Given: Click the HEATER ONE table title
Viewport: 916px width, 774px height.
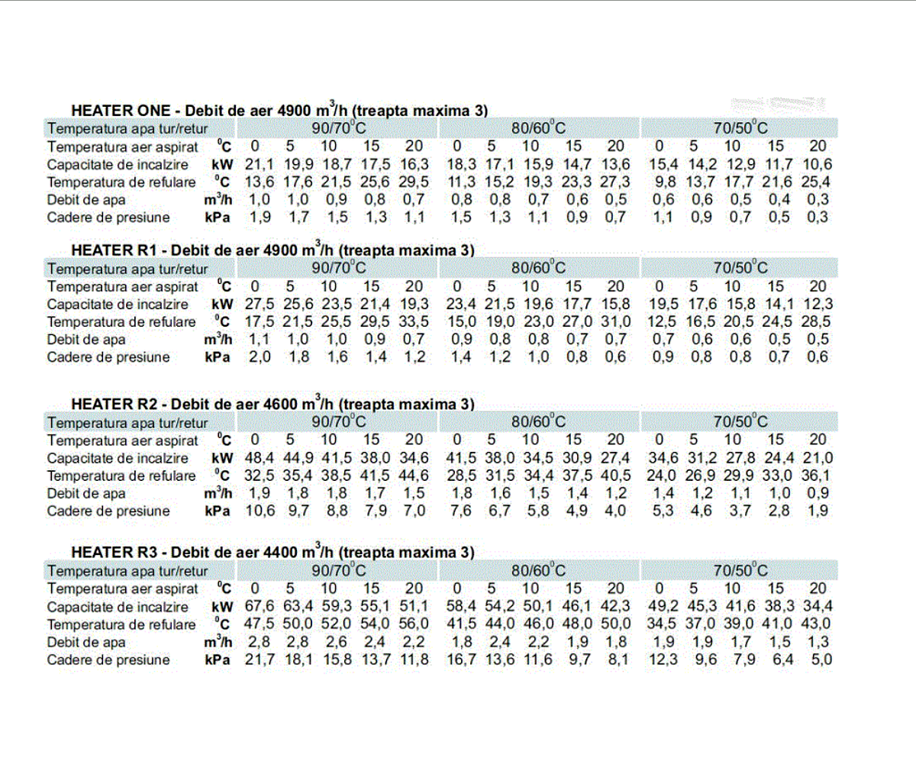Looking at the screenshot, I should (279, 111).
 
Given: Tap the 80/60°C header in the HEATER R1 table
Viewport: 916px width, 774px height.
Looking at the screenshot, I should (539, 268).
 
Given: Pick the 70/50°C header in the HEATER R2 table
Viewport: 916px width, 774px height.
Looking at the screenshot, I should (740, 422).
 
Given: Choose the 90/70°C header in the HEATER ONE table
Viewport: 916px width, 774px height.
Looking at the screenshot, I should (339, 128).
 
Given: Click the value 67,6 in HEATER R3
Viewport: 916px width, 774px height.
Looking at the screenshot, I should (260, 607).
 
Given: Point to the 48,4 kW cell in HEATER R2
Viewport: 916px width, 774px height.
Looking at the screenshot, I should (260, 458).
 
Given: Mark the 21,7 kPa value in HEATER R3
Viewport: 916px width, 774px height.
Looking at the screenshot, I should (260, 660).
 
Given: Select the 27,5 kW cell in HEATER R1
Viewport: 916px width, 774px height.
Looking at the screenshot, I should (260, 304).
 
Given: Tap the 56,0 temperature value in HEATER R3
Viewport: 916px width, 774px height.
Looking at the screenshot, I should (414, 624).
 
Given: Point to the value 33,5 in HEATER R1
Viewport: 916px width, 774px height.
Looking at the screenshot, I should (414, 321).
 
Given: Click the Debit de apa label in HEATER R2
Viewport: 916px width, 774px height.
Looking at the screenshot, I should (86, 493).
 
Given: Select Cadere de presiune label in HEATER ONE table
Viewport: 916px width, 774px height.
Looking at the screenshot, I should (108, 218).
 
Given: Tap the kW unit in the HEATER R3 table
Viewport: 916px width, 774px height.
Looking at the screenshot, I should (222, 607).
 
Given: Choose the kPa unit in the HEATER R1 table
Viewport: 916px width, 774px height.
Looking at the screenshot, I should (218, 357).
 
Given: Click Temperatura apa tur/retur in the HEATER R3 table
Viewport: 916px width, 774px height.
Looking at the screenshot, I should (127, 571).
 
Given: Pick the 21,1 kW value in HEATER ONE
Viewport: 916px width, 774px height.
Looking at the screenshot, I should (260, 164).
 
